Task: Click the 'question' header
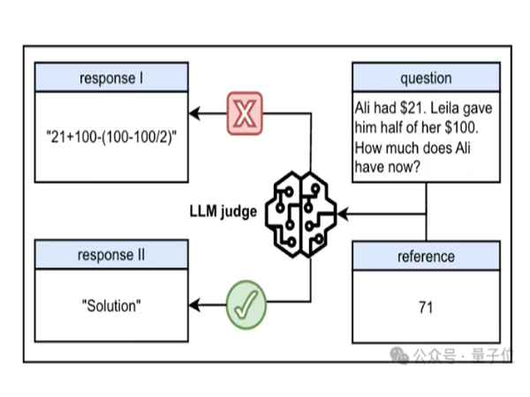click(426, 78)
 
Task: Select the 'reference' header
click(426, 257)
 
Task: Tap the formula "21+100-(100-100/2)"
click(111, 138)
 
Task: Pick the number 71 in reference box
click(426, 308)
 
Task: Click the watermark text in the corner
click(469, 356)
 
